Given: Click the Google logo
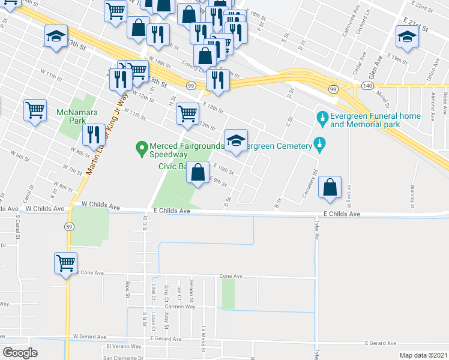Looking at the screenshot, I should pyautogui.click(x=20, y=353).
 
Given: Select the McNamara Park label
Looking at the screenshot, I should pyautogui.click(x=72, y=116).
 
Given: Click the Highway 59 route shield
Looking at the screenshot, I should pyautogui.click(x=70, y=226).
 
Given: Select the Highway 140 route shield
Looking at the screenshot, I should pyautogui.click(x=367, y=87).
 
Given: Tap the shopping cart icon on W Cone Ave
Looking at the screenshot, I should pyautogui.click(x=65, y=262).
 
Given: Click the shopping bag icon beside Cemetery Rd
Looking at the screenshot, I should pyautogui.click(x=330, y=187).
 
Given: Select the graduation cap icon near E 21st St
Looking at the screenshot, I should pyautogui.click(x=407, y=37).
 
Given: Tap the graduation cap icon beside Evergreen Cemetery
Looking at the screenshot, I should pyautogui.click(x=236, y=140).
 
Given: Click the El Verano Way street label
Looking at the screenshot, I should pyautogui.click(x=124, y=346).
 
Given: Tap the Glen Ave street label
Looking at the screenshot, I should pyautogui.click(x=376, y=61).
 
